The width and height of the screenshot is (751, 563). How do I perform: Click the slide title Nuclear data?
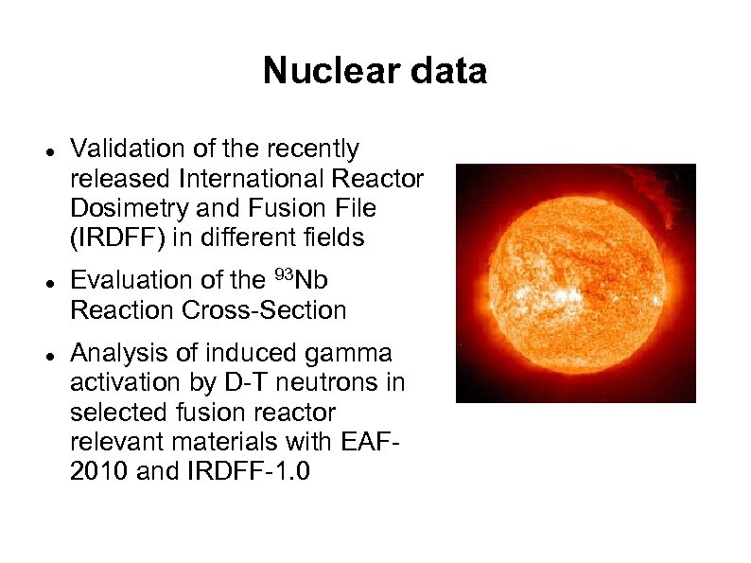(x=375, y=71)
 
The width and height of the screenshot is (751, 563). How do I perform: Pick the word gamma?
(x=349, y=353)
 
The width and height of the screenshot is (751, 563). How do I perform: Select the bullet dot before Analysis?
(x=47, y=355)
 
